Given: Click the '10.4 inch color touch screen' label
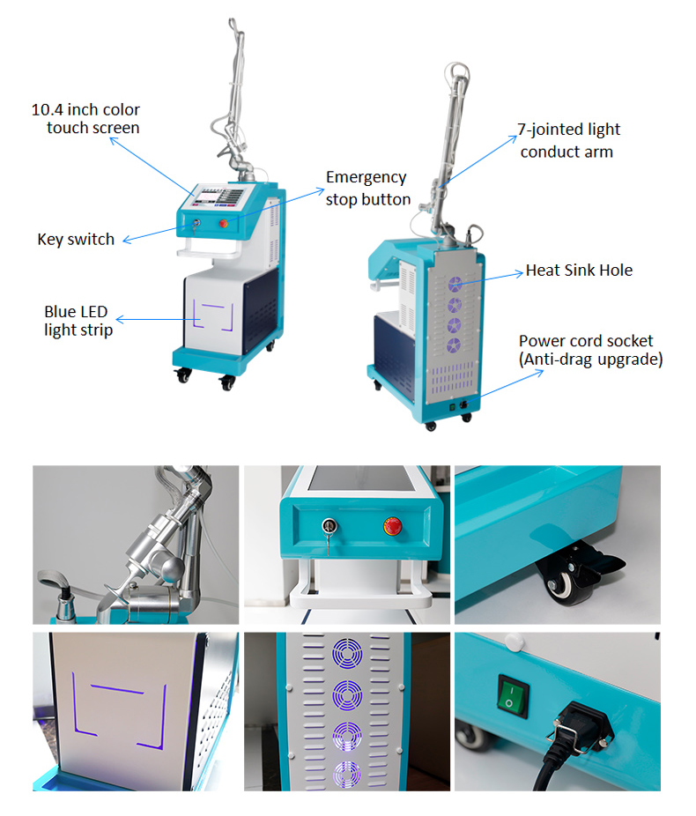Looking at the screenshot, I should tap(86, 119).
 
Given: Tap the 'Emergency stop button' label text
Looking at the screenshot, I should tap(367, 189).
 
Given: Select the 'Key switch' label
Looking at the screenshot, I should tap(76, 240).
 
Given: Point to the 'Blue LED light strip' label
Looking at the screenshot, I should tap(78, 322).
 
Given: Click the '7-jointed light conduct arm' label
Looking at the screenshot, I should tap(568, 140).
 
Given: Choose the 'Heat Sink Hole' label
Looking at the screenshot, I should tap(579, 271).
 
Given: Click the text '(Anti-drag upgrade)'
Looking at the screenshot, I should tap(590, 360).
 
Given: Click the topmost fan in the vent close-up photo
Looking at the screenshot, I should tap(346, 657).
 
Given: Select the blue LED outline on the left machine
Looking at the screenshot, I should tap(210, 312).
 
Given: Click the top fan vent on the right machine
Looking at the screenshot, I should tap(455, 284).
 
